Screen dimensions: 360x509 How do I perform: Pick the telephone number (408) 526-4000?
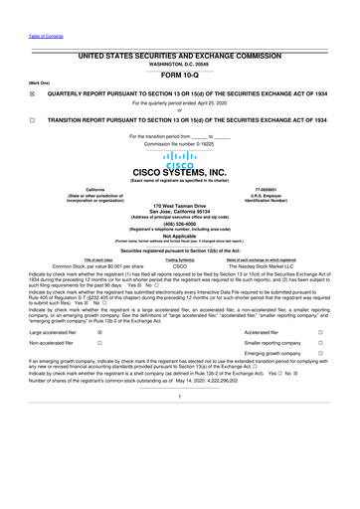(x=180, y=224)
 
